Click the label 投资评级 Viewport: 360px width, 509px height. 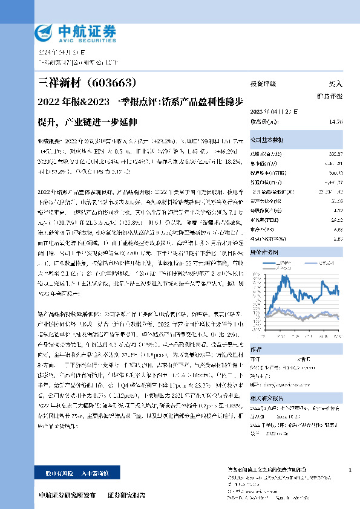(263, 84)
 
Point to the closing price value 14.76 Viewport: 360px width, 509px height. (336, 122)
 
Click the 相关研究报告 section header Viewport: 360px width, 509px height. (269, 398)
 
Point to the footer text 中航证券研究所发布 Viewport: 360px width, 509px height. (67, 495)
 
